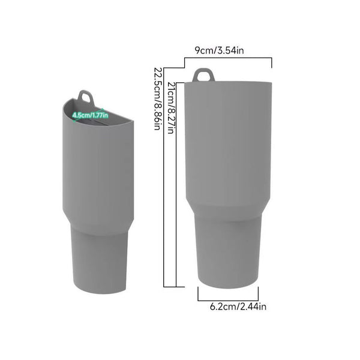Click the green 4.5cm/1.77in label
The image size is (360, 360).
(x=90, y=115)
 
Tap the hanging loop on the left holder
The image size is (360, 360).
(x=86, y=97)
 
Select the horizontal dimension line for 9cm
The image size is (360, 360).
(x=228, y=58)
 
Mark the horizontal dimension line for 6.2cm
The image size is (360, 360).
(x=228, y=299)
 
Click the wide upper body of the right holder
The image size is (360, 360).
(x=228, y=138)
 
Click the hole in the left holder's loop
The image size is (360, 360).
(x=86, y=96)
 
